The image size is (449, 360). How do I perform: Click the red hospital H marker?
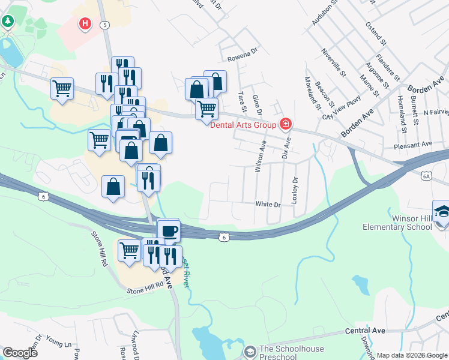86,24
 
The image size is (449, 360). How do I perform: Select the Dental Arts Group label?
243,125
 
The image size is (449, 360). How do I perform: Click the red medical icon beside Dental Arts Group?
286,125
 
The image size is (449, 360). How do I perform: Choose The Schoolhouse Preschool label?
291,353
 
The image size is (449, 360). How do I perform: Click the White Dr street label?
268,205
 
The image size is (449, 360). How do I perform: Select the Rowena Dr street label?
243,59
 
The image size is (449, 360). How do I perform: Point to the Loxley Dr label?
294,191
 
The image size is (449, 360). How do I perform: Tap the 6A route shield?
427,176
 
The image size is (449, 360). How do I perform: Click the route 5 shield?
105,25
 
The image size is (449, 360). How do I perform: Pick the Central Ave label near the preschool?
365,331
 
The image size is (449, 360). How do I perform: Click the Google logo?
20,352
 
